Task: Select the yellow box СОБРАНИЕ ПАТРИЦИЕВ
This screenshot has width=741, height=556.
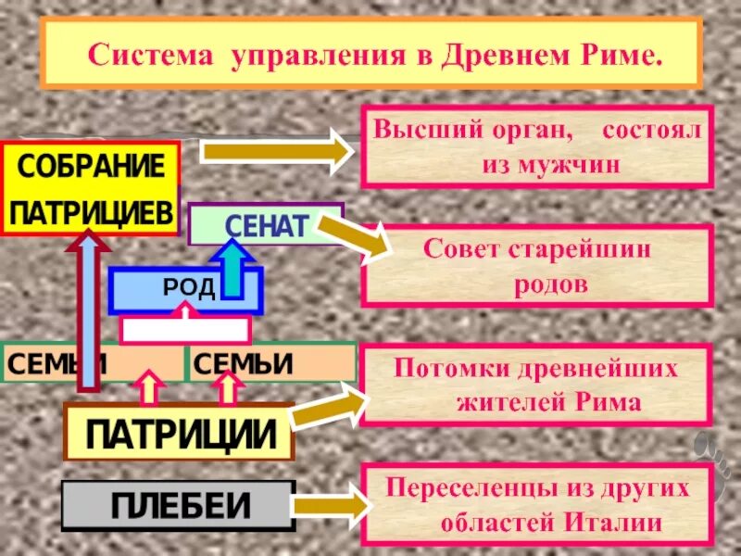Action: (x=90, y=189)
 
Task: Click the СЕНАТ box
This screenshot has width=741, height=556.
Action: (x=265, y=226)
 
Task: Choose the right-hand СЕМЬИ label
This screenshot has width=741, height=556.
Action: (x=272, y=363)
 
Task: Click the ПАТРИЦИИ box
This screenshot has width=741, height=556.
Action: (x=179, y=433)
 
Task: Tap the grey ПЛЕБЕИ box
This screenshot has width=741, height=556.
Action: (x=179, y=506)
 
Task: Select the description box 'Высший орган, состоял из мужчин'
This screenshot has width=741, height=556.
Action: (x=537, y=146)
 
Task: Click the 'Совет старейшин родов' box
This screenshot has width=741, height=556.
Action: (x=537, y=265)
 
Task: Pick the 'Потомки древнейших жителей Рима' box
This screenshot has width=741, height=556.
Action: (x=537, y=385)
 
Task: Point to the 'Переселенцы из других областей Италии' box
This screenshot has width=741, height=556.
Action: (x=537, y=505)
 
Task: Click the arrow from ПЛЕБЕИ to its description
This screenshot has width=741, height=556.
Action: (x=334, y=506)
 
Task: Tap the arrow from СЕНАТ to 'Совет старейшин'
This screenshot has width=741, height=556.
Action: (x=357, y=240)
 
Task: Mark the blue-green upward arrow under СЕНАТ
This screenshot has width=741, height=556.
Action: (x=233, y=269)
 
